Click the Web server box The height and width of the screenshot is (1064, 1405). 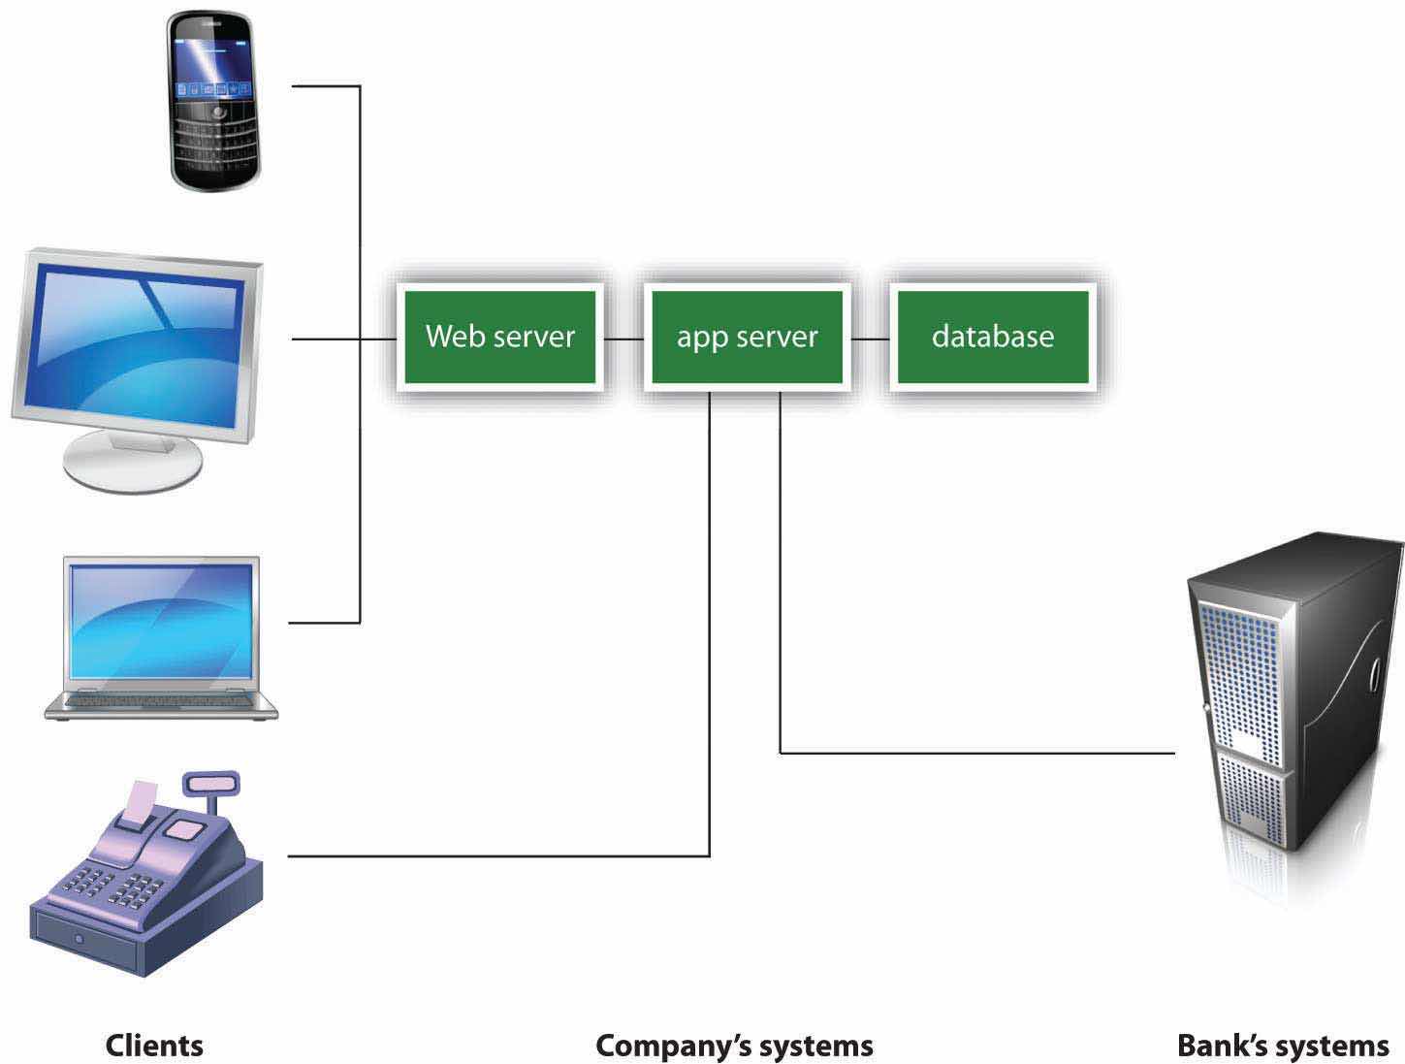pos(499,337)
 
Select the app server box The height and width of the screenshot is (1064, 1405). pos(747,337)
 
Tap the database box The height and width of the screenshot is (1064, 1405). pos(992,337)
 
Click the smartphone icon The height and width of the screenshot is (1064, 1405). pos(215,102)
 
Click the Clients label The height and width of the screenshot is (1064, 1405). pos(154,1046)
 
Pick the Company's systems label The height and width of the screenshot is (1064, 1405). pos(734,1046)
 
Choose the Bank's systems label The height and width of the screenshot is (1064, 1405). pos(1282,1046)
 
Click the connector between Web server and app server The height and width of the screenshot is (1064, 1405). pos(623,339)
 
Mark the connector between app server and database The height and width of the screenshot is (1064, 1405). pos(870,339)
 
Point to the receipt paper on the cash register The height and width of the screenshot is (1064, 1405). pos(141,801)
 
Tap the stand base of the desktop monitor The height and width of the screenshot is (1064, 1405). pos(133,463)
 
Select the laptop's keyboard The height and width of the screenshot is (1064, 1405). pos(162,698)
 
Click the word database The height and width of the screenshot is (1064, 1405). pos(992,337)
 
